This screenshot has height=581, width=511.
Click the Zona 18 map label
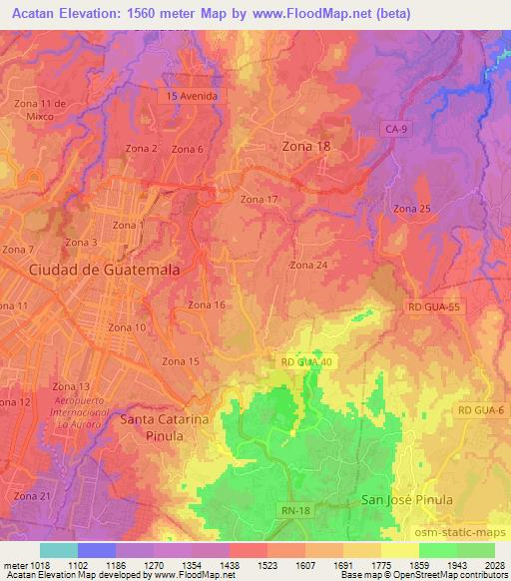click(x=306, y=146)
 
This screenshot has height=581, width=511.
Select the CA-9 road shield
click(x=396, y=129)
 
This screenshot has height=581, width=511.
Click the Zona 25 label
click(x=411, y=209)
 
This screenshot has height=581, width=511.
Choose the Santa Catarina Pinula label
click(x=164, y=427)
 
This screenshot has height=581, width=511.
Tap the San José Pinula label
click(x=406, y=498)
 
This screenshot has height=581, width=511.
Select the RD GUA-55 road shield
click(x=433, y=308)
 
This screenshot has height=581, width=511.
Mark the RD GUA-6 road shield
click(x=480, y=409)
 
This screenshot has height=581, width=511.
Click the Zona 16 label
click(x=206, y=304)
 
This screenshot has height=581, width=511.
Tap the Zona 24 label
click(x=308, y=265)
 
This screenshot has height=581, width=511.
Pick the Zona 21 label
click(x=32, y=496)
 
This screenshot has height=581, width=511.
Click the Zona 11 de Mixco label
click(x=40, y=110)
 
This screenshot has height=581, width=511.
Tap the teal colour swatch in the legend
click(x=58, y=550)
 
